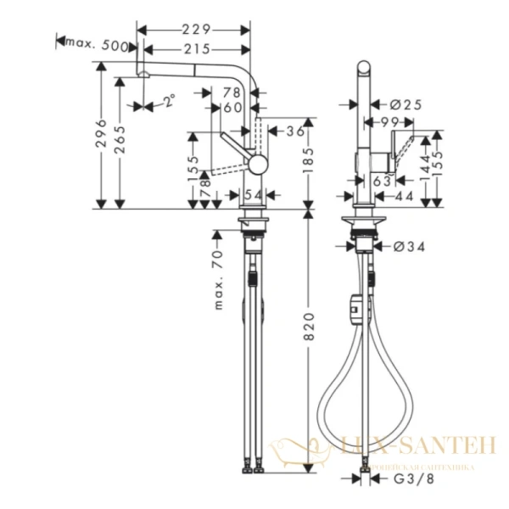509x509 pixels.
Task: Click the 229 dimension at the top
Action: coord(199,29)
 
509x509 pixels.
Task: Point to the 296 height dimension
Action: coord(101,134)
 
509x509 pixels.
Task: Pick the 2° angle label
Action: coord(169,103)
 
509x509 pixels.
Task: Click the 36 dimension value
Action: coord(294,131)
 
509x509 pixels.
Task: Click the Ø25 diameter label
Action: coord(407,104)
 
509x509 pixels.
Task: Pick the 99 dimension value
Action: coord(390,123)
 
